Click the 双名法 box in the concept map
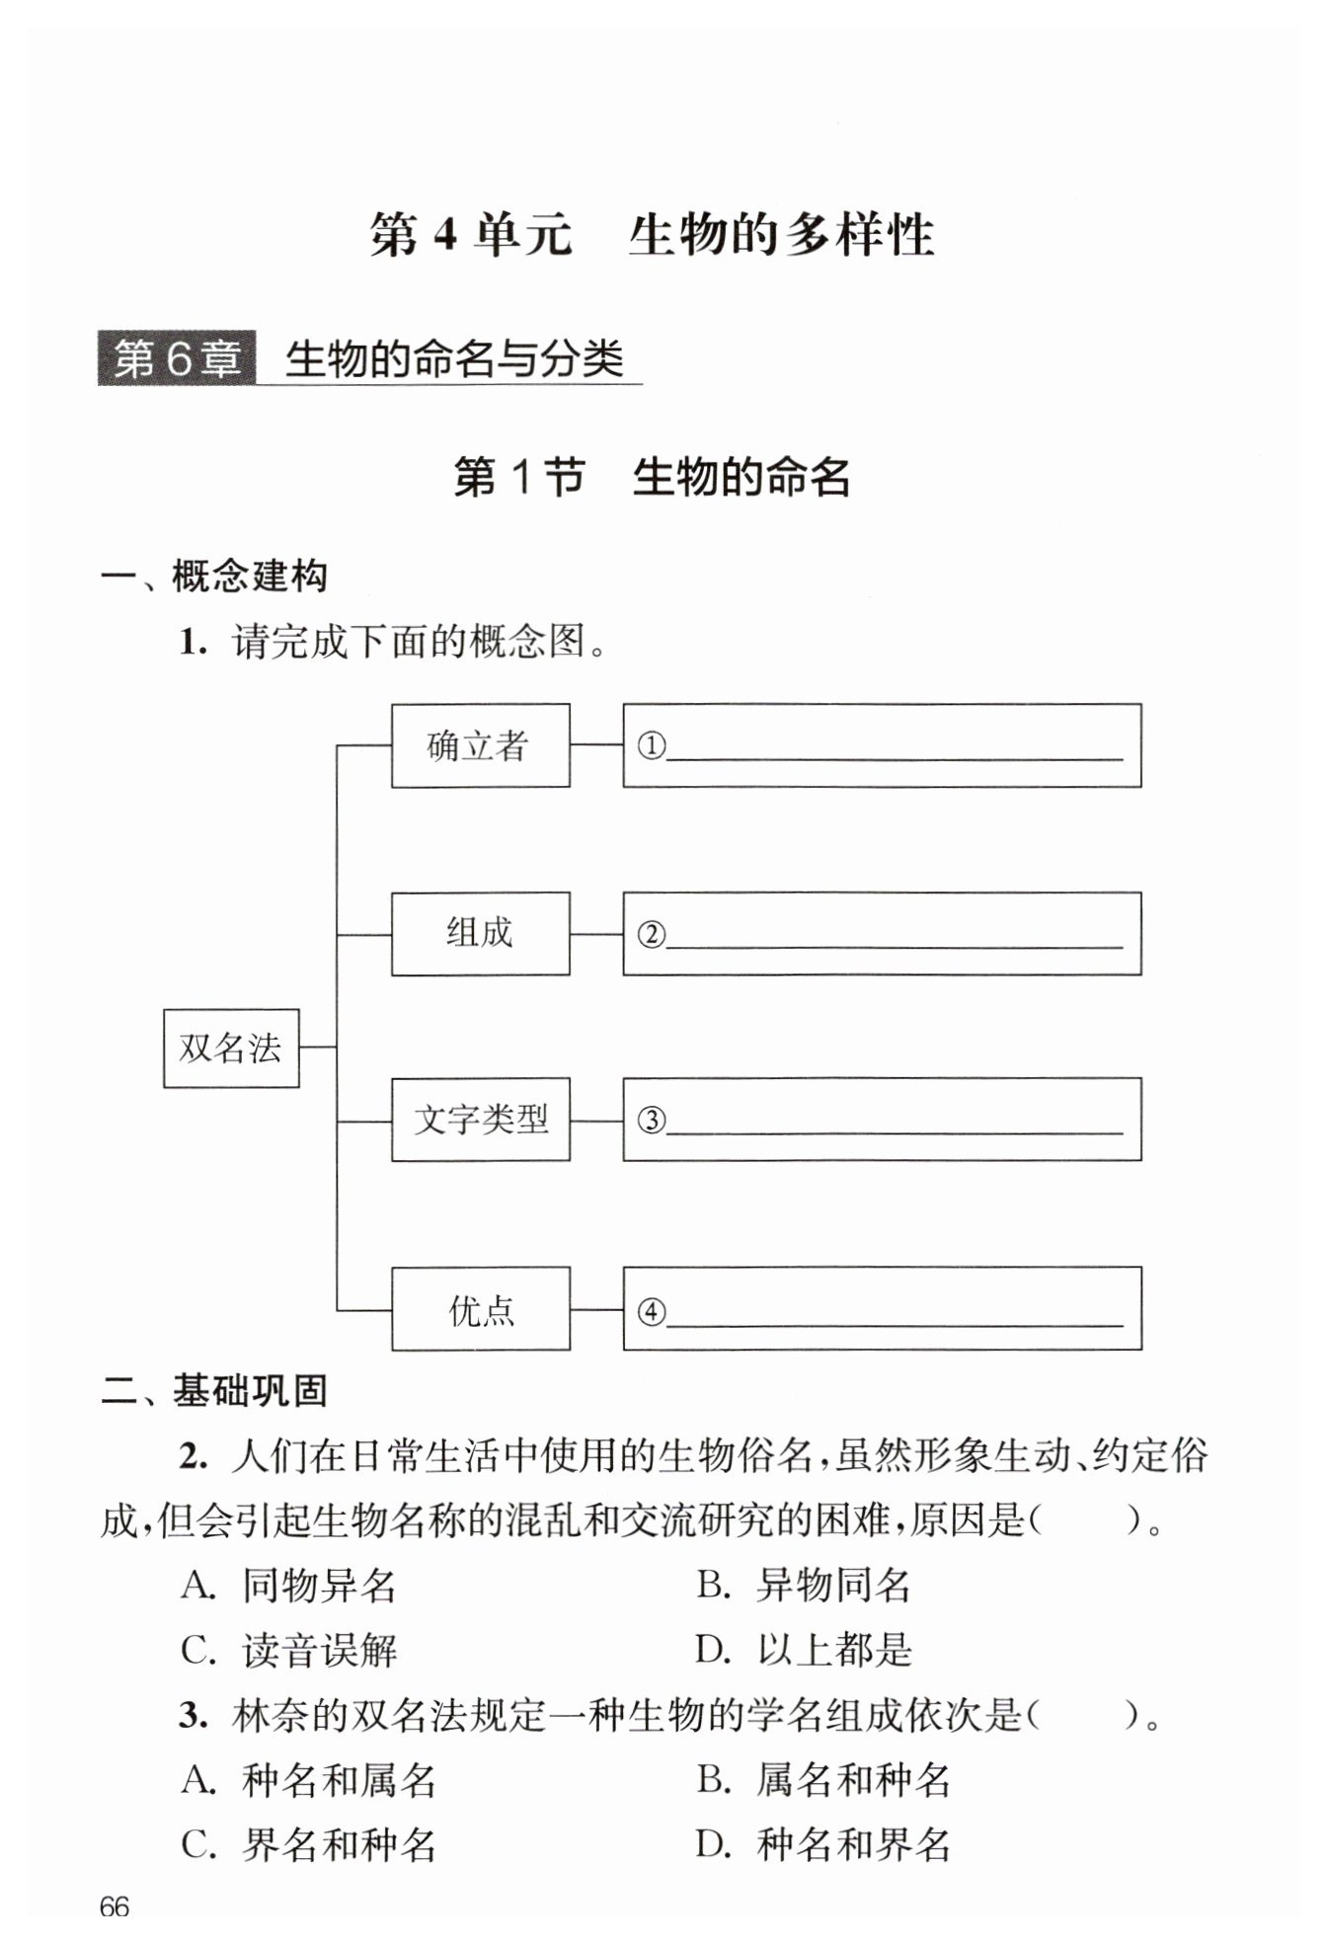(231, 1048)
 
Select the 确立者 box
(480, 745)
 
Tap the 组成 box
(480, 933)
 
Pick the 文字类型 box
(480, 1120)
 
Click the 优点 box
(480, 1309)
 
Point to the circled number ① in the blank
(651, 745)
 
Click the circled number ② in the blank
(651, 933)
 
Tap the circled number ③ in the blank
(651, 1120)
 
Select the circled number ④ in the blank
(651, 1311)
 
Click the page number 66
(115, 1905)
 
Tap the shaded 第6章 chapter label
(177, 357)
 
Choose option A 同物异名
(288, 1586)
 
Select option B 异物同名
(804, 1586)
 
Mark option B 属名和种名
(823, 1779)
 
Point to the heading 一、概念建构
(214, 576)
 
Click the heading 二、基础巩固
(214, 1390)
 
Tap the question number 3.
(193, 1716)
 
